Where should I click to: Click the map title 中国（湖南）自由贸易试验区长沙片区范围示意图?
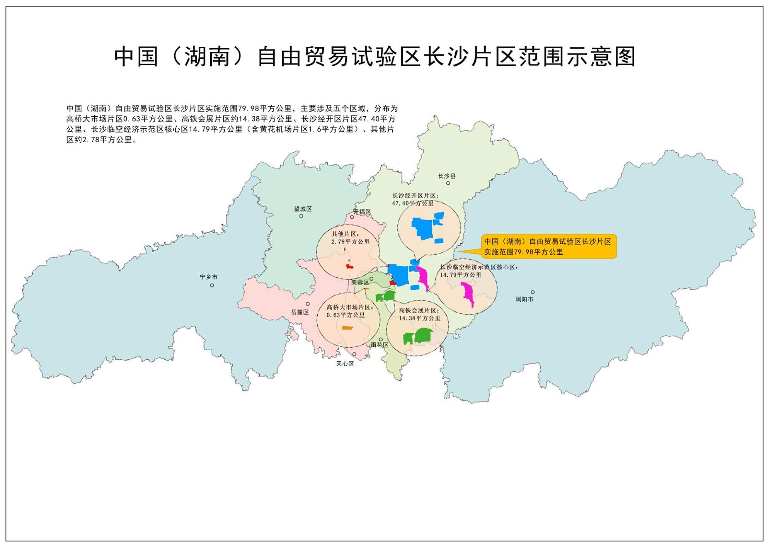click(x=375, y=57)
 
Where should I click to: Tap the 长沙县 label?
click(x=447, y=176)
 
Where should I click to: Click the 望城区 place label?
click(x=303, y=209)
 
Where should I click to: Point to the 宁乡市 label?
click(x=209, y=277)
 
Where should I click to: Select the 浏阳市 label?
click(x=524, y=299)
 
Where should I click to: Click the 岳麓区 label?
click(x=300, y=312)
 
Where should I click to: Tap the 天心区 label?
click(x=345, y=364)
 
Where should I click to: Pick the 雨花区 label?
click(x=380, y=345)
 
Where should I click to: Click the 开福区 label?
click(x=362, y=212)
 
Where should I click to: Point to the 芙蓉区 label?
click(x=360, y=282)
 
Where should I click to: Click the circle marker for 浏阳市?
click(x=533, y=292)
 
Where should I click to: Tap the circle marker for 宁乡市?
click(x=212, y=285)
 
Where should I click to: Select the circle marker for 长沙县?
click(x=448, y=183)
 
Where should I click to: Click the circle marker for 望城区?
click(x=301, y=216)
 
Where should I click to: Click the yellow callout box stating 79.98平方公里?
click(x=548, y=247)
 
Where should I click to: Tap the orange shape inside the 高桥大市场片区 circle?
click(x=347, y=328)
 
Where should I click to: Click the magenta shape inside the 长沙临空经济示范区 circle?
click(x=468, y=293)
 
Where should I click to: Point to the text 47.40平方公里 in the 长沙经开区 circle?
click(x=413, y=203)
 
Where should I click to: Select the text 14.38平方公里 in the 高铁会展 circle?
click(x=420, y=318)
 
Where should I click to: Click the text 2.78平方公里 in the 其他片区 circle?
click(x=351, y=242)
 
